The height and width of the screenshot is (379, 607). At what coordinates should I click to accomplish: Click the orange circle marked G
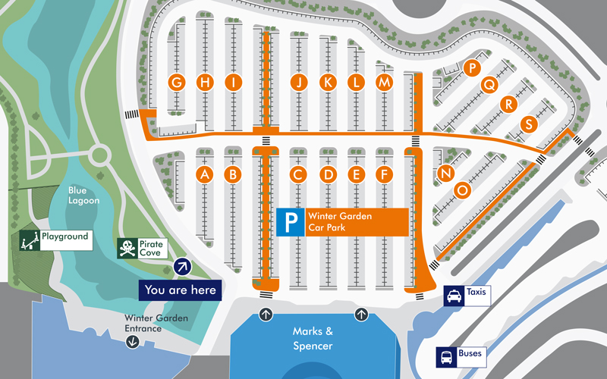tap(178, 83)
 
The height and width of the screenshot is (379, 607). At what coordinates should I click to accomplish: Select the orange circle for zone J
tap(300, 83)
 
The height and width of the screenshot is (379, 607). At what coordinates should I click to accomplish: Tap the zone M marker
tap(385, 83)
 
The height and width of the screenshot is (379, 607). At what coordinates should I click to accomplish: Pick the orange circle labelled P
tap(473, 68)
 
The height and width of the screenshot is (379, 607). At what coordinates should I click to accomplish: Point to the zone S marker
tap(529, 124)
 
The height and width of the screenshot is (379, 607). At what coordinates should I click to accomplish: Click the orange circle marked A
tap(203, 175)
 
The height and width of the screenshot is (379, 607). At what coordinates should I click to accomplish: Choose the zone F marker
tap(385, 175)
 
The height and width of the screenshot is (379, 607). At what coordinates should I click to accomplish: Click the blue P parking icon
tap(289, 222)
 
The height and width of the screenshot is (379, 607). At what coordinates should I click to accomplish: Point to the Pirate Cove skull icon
tap(127, 249)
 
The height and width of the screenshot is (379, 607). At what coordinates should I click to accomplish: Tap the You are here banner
tap(180, 290)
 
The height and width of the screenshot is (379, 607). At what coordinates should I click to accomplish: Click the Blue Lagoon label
tap(83, 196)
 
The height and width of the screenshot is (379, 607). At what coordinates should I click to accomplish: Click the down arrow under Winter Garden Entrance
tap(133, 342)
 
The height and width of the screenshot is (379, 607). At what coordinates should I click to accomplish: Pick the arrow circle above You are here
tap(182, 265)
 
